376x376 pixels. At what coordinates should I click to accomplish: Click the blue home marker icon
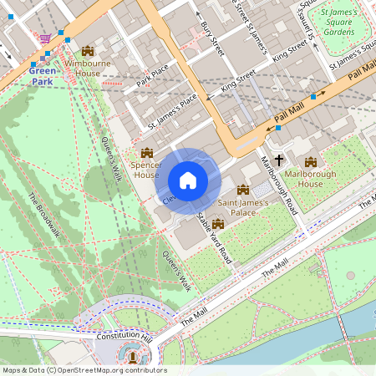188,180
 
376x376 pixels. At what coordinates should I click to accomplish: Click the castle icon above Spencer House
147,153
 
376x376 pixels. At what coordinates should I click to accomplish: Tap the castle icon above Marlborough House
311,161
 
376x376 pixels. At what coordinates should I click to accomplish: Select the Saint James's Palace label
242,206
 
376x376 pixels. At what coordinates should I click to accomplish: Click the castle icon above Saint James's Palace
243,190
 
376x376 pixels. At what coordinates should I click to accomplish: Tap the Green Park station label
43,77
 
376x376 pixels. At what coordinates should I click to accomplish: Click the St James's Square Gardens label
338,23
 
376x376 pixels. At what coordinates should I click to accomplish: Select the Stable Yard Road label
214,240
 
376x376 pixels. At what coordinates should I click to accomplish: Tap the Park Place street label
153,76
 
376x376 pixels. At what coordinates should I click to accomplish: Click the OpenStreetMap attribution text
84,369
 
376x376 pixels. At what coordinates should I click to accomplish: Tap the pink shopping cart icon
44,38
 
